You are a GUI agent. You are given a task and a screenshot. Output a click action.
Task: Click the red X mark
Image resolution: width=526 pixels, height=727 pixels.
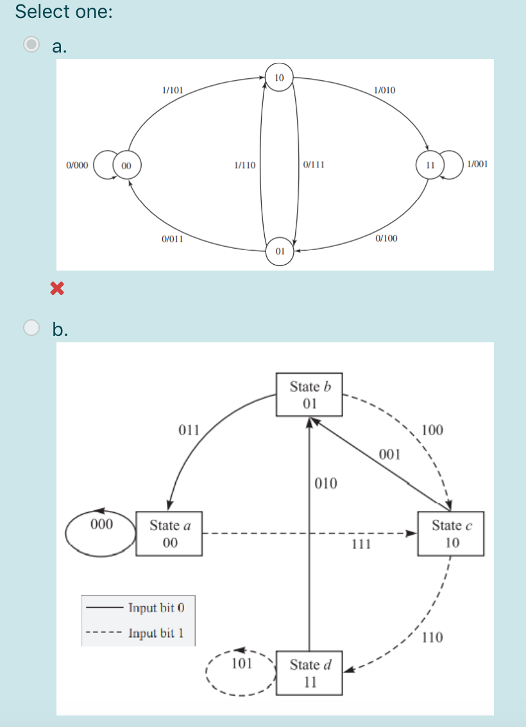58,290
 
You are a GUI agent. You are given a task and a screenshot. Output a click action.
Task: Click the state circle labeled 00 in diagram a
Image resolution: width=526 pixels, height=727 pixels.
126,165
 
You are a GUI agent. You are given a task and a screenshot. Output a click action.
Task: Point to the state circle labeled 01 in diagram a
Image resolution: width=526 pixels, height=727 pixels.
280,251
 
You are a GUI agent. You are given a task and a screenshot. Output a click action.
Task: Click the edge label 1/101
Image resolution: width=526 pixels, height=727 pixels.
173,90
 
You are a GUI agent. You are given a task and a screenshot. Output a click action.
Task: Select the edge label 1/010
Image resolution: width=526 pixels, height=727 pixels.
384,90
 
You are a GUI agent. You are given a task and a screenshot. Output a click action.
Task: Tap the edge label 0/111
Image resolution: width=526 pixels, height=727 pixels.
313,165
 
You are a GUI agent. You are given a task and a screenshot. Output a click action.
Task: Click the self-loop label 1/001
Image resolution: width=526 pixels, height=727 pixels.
478,164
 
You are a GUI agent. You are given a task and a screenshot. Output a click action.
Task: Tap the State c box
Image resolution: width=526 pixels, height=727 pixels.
451,533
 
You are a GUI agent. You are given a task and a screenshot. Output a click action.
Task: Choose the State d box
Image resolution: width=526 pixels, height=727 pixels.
310,673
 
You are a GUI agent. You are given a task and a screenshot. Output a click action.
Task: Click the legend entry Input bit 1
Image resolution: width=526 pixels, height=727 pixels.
156,633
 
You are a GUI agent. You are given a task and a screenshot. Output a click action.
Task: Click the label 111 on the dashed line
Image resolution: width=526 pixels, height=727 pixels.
362,544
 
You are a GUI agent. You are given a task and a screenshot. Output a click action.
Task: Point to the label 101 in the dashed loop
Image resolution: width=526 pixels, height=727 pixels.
241,662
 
